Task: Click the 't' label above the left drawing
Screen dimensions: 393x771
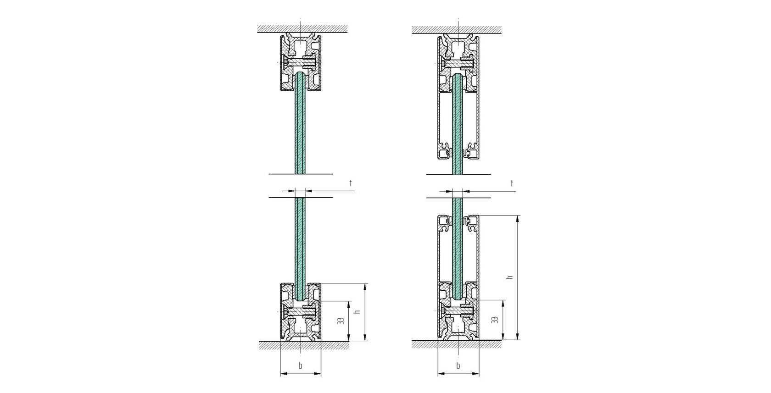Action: click(x=351, y=183)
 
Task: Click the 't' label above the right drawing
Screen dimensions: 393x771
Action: click(x=512, y=183)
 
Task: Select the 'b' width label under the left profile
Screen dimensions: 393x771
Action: click(x=301, y=365)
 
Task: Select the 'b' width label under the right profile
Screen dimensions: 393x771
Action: click(x=458, y=365)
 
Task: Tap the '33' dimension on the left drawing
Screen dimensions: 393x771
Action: click(x=341, y=321)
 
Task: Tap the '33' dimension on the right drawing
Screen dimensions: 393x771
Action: click(x=494, y=320)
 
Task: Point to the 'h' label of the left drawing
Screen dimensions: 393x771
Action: click(x=358, y=311)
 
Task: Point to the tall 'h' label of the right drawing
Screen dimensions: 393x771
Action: click(x=509, y=277)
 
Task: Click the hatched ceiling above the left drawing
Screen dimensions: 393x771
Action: click(x=302, y=28)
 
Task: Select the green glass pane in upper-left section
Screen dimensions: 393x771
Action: click(x=300, y=128)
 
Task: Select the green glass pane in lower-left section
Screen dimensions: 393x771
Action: click(x=300, y=243)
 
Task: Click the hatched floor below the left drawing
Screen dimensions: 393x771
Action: click(x=303, y=345)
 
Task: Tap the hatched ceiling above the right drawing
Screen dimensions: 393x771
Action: click(x=456, y=29)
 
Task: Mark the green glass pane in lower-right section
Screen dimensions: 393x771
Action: click(x=457, y=248)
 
